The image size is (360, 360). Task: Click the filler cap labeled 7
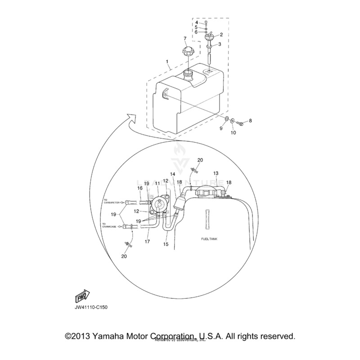coord(190,52)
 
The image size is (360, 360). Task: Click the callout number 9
coord(221,128)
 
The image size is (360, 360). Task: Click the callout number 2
coord(221,34)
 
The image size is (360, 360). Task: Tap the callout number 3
coord(220,44)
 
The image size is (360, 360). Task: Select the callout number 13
coord(216,173)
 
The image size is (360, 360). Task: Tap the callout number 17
coord(147,242)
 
